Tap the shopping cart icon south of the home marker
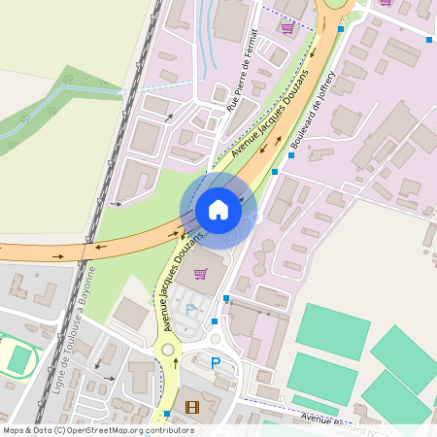201,273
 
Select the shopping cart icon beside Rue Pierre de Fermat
286,27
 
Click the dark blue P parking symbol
216,363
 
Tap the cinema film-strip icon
191,407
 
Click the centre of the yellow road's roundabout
167,349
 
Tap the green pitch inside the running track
19,359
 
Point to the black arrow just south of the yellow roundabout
176,365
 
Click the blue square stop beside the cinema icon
167,414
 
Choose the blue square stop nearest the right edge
429,41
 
